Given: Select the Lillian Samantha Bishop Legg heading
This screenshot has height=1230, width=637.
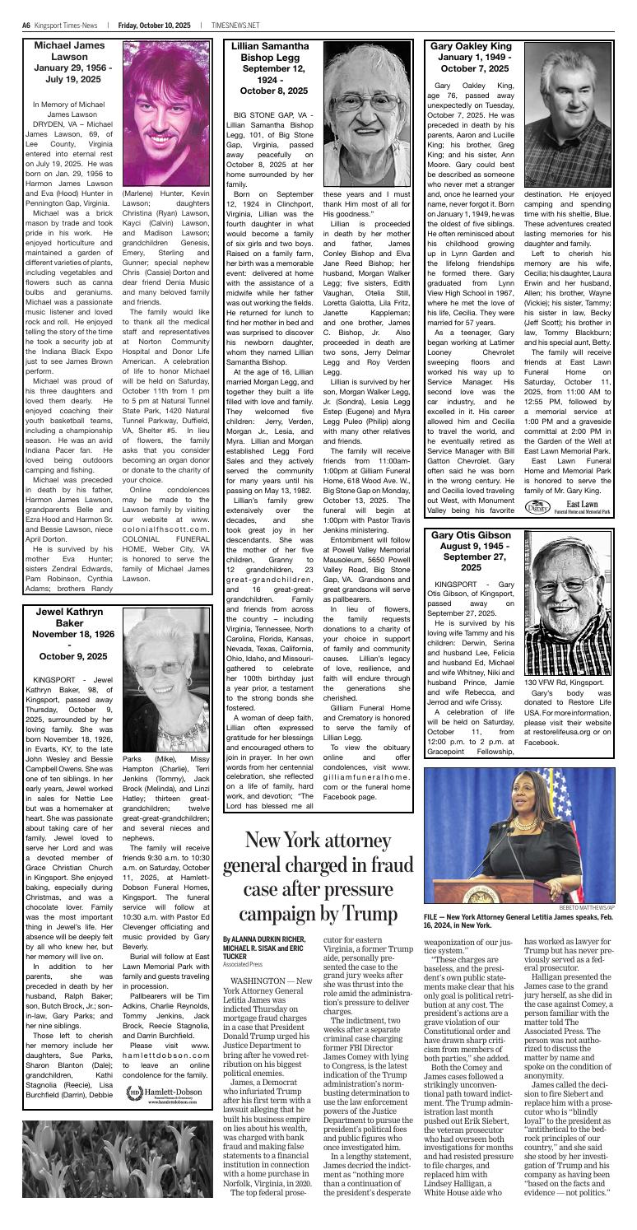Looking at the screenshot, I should [267, 69].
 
